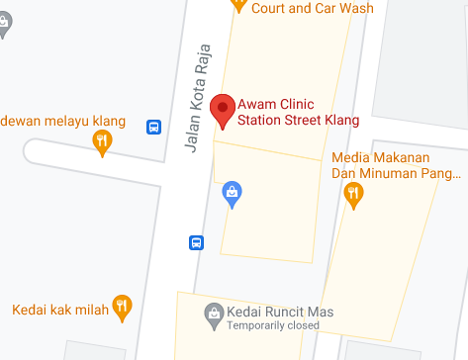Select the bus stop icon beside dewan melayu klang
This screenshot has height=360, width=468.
tap(154, 127)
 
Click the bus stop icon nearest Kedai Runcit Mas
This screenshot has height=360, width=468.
tap(196, 241)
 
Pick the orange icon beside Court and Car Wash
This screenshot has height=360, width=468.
tap(238, 5)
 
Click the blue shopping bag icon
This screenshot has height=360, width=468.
tap(232, 191)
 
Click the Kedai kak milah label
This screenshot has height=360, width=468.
tap(59, 310)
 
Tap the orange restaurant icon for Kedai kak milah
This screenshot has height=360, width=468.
tap(122, 308)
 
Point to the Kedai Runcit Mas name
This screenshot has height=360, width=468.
tap(280, 311)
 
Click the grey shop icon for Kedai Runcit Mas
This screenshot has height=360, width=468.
tap(213, 315)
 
